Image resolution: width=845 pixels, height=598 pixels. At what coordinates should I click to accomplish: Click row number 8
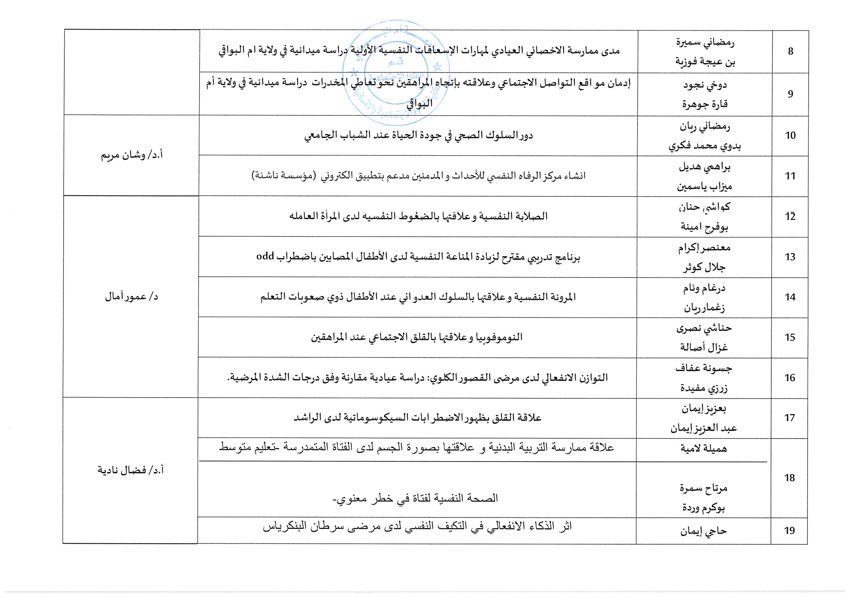click(790, 51)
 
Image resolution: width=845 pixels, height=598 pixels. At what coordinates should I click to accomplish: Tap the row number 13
click(790, 257)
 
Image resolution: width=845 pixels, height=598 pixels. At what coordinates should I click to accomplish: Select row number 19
click(789, 531)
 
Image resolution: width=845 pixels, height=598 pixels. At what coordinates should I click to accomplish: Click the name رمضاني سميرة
click(705, 42)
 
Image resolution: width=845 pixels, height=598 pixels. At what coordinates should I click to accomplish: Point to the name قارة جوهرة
click(705, 104)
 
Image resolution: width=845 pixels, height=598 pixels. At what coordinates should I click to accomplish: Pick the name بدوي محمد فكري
click(704, 146)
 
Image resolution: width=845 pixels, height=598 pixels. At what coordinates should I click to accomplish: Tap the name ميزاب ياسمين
click(704, 186)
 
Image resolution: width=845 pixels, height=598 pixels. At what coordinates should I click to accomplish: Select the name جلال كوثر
click(704, 267)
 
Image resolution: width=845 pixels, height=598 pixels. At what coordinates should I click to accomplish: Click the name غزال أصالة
click(704, 347)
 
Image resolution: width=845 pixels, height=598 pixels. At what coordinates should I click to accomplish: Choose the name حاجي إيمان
click(703, 531)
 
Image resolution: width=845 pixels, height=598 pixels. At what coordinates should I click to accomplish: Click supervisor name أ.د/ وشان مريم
click(132, 155)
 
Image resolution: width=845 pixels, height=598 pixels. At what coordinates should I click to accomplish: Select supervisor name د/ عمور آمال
click(132, 297)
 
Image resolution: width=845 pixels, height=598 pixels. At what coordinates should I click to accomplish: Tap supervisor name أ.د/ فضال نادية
click(130, 470)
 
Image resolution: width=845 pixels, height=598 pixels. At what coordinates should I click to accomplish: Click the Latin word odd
click(265, 256)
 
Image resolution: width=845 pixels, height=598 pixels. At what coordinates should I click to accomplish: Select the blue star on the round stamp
click(438, 67)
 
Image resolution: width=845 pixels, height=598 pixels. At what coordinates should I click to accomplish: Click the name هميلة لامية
click(703, 448)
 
